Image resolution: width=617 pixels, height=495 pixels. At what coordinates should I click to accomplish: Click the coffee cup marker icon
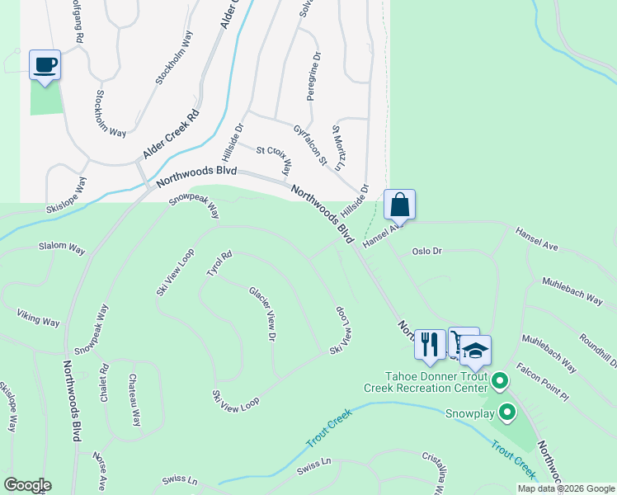[45, 64]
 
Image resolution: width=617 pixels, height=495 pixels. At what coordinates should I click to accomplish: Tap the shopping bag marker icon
[399, 205]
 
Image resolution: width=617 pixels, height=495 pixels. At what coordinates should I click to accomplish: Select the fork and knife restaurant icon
[429, 342]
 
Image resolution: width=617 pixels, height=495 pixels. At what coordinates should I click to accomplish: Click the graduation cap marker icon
[475, 351]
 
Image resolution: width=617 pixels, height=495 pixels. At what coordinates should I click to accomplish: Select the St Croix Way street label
[274, 160]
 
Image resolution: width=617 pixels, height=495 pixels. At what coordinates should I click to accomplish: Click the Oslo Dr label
[427, 251]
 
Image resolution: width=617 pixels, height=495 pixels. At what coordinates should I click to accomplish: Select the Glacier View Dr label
[262, 313]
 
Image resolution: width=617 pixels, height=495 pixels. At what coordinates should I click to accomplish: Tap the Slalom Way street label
[62, 247]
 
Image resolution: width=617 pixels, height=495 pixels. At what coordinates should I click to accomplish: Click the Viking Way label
[39, 317]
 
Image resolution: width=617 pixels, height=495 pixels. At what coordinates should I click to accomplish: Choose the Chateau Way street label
[133, 399]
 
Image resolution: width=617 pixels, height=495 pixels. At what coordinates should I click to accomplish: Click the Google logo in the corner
[26, 485]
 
